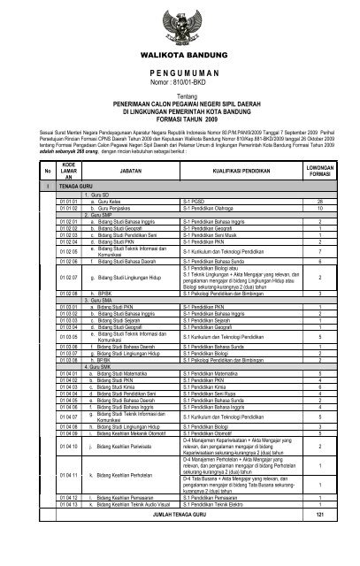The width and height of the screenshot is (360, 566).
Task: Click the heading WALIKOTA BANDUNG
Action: click(x=180, y=55)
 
